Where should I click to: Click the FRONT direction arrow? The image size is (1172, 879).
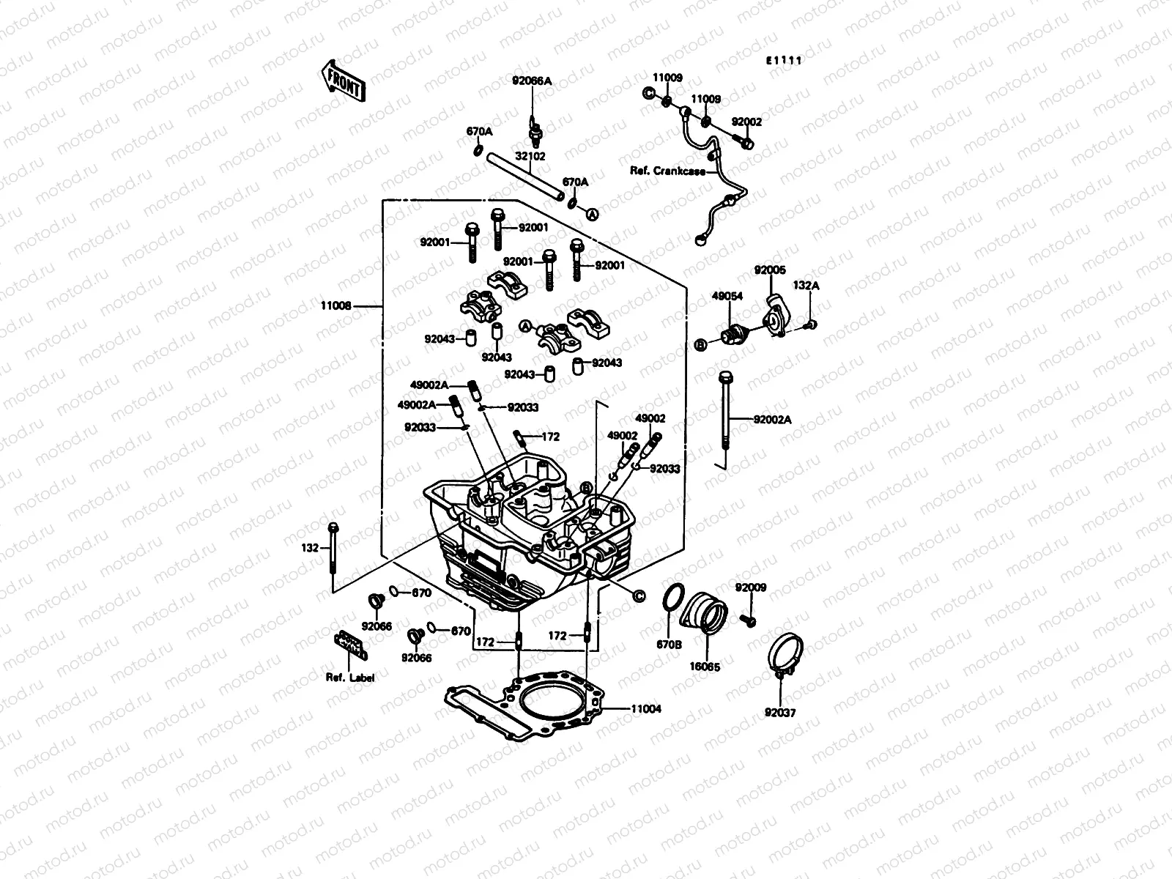341,81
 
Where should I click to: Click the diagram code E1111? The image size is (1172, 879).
784,61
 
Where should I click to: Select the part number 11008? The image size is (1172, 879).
337,305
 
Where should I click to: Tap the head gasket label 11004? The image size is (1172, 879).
645,708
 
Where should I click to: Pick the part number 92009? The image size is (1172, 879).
751,587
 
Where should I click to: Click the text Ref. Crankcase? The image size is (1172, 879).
668,171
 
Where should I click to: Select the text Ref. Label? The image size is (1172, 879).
350,678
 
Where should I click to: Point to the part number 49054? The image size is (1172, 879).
727,296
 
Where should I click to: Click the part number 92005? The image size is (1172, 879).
770,270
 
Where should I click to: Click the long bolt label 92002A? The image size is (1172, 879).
773,420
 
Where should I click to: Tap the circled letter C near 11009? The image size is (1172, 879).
648,93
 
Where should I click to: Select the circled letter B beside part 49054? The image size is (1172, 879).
700,344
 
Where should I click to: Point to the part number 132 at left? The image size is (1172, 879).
311,547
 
